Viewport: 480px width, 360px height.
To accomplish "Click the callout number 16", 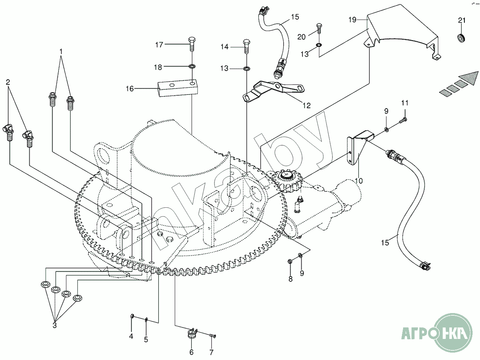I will (130, 89).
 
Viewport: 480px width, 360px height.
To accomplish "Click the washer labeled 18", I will (192, 67).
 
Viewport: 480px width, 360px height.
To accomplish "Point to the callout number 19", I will (352, 20).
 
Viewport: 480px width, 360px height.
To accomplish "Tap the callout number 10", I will (358, 181).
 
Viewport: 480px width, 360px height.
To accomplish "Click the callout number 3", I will (55, 325).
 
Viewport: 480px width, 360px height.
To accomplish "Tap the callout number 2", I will (8, 82).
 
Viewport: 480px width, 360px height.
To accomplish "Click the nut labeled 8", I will (290, 262).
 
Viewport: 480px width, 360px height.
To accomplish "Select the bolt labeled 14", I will (246, 46).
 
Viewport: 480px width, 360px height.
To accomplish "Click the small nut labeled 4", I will (132, 316).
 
